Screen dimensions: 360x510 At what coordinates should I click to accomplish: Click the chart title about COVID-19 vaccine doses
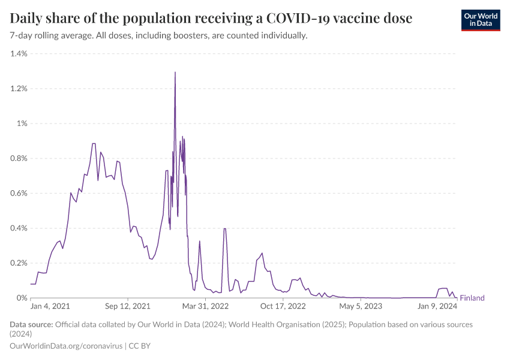(211, 19)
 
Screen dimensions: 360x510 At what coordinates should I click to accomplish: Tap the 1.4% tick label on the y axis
(19, 54)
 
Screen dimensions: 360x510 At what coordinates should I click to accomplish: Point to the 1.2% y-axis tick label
(19, 89)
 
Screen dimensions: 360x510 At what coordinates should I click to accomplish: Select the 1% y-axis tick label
(22, 124)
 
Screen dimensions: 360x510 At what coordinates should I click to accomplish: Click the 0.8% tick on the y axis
(19, 158)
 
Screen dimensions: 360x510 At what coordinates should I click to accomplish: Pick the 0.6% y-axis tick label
(19, 193)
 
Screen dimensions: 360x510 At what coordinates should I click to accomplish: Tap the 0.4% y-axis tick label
(19, 228)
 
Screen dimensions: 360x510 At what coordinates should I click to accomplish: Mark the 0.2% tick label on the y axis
(19, 263)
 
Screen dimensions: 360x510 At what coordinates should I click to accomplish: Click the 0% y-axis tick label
(22, 298)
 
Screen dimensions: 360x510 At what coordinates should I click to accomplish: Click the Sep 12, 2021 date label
(128, 307)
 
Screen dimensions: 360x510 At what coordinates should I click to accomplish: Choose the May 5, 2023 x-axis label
(361, 307)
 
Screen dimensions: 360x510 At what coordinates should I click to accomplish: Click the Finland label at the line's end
(472, 298)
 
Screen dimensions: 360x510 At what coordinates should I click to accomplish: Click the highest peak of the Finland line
(175, 73)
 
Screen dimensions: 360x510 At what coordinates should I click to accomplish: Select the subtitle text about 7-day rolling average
(159, 36)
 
